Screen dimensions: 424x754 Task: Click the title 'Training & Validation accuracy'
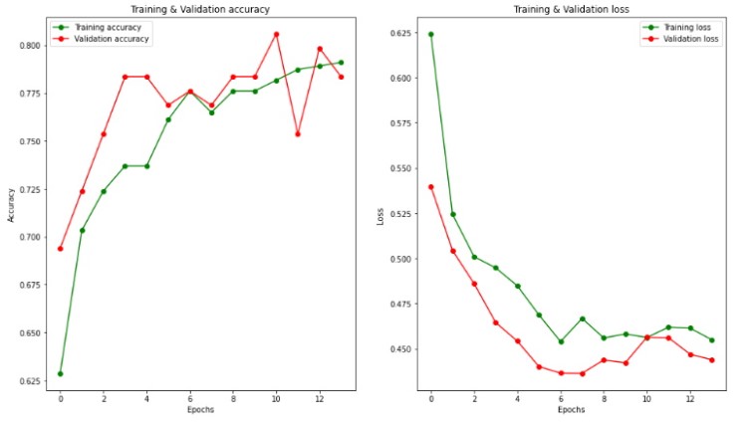199,9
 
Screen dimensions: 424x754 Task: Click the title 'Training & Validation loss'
571,9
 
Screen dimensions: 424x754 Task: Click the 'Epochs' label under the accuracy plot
199,409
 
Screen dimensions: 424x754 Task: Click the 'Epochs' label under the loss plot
571,409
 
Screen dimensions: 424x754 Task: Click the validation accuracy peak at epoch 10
276,34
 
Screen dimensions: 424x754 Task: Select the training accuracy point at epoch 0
61,373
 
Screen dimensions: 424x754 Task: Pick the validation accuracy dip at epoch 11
297,133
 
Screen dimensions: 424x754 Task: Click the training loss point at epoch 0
430,34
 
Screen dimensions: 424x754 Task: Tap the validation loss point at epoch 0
430,186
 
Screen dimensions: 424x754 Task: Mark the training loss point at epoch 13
711,340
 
